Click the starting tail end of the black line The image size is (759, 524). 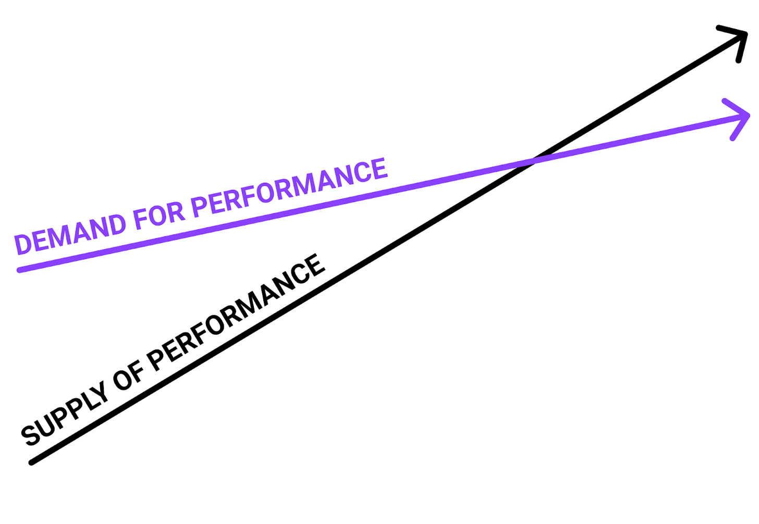click(32, 462)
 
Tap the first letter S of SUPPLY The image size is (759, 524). click(31, 434)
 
